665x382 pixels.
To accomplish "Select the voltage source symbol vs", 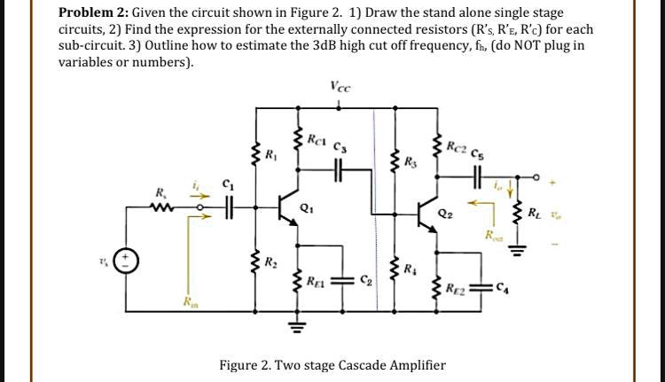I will pyautogui.click(x=126, y=262).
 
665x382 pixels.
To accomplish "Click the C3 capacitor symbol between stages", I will pyautogui.click(x=339, y=170).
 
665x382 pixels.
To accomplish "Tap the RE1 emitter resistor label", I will pyautogui.click(x=315, y=284).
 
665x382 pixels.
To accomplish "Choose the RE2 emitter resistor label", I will pyautogui.click(x=458, y=287).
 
